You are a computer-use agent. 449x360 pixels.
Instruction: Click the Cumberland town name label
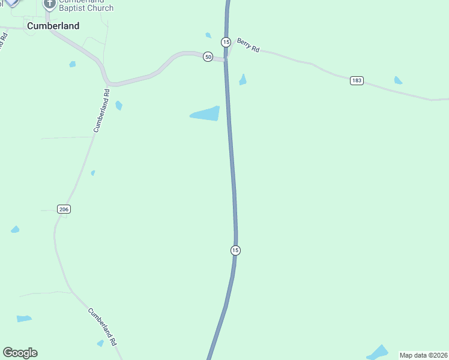pyautogui.click(x=53, y=26)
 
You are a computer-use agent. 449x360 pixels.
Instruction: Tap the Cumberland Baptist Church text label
pyautogui.click(x=86, y=5)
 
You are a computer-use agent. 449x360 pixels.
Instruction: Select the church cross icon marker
pyautogui.click(x=49, y=5)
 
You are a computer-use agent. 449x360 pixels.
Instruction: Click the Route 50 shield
pyautogui.click(x=208, y=56)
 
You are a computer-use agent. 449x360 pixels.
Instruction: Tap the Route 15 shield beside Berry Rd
pyautogui.click(x=226, y=41)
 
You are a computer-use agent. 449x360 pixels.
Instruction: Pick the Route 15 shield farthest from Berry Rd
pyautogui.click(x=235, y=250)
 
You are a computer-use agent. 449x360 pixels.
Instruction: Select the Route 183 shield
pyautogui.click(x=357, y=80)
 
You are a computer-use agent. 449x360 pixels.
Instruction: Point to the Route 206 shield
pyautogui.click(x=64, y=209)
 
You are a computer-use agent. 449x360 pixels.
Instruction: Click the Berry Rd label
pyautogui.click(x=248, y=45)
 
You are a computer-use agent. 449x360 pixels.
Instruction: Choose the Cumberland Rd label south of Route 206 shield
pyautogui.click(x=101, y=326)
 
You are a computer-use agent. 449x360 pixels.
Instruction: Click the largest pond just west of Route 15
pyautogui.click(x=206, y=113)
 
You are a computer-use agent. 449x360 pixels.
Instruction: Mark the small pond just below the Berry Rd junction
pyautogui.click(x=243, y=80)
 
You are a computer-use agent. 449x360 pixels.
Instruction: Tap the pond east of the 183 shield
pyautogui.click(x=398, y=80)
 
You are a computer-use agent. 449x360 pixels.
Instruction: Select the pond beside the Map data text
pyautogui.click(x=378, y=352)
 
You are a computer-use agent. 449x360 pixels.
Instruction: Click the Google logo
pyautogui.click(x=20, y=353)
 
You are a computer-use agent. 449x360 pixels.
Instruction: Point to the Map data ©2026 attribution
pyautogui.click(x=423, y=355)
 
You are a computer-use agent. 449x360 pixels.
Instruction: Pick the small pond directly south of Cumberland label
pyautogui.click(x=73, y=64)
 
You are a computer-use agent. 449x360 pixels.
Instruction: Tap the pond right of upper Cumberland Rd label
pyautogui.click(x=119, y=106)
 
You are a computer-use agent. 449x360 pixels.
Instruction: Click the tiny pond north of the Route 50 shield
pyautogui.click(x=208, y=35)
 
